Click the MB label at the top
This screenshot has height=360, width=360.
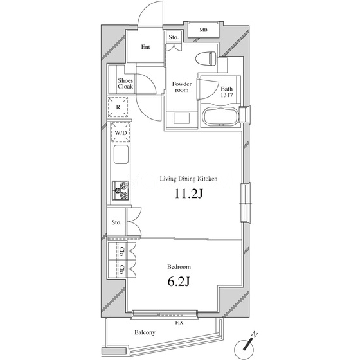coord(203,30)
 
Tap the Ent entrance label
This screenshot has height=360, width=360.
coord(145,47)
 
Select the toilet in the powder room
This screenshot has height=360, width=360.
coord(206,58)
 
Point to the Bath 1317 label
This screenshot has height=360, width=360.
coord(226,92)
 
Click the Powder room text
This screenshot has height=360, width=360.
coord(182,87)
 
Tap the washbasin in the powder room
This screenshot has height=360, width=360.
coord(181,118)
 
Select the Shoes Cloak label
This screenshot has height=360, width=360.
coord(125,84)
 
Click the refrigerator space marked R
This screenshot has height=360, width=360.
coord(118,107)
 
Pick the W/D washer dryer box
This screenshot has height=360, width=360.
coord(121,132)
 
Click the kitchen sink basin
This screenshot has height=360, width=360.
coord(121,154)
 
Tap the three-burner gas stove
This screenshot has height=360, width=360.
coord(120,190)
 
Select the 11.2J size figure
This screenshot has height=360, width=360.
coord(189,194)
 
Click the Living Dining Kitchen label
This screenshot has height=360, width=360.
coord(188,179)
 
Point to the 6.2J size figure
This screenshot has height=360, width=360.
coord(179,282)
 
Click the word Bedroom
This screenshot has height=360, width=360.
coord(179,267)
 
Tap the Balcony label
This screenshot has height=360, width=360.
coord(145,332)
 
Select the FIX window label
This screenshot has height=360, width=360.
coord(179,323)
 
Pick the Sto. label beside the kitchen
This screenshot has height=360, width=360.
coord(116,222)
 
